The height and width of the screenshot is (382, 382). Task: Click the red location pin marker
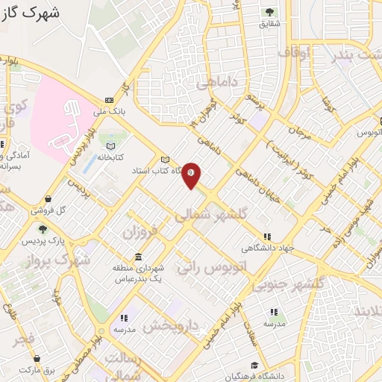click(192, 175)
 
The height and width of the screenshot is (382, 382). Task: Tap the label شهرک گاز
click(29, 13)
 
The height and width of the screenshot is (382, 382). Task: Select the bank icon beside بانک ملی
click(110, 101)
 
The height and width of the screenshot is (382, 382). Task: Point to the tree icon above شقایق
click(269, 12)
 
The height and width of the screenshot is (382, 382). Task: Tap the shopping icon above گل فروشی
click(48, 199)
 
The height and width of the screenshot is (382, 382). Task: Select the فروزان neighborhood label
click(142, 234)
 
